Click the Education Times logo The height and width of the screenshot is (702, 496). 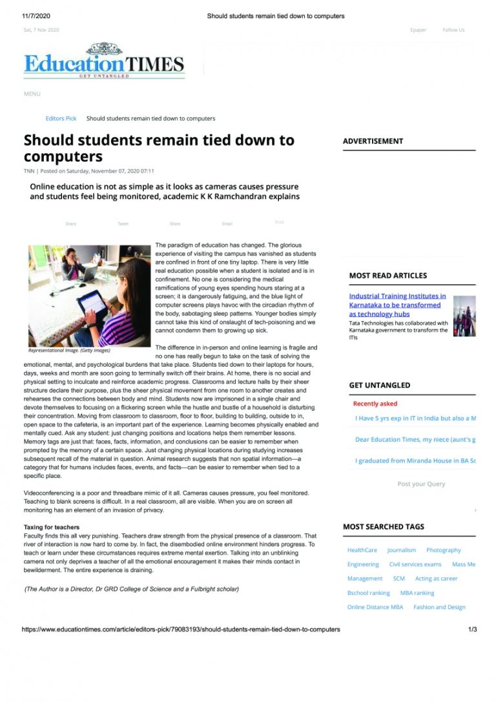[x=104, y=63]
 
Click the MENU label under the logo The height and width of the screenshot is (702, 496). [x=32, y=94]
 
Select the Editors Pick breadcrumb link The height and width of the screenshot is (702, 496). [x=61, y=119]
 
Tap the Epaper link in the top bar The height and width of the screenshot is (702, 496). [x=418, y=30]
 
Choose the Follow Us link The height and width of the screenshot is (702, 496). [x=453, y=30]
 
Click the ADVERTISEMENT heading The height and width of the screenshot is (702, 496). [x=373, y=141]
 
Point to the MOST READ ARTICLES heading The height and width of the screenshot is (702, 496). [x=387, y=276]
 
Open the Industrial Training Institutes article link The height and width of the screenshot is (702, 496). [x=397, y=305]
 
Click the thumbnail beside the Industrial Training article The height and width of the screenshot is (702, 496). [x=464, y=316]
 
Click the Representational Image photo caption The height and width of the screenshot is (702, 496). [x=69, y=351]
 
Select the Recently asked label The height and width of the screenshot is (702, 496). [x=375, y=404]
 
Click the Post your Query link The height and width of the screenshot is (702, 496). [x=421, y=484]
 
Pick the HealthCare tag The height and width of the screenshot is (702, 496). [x=362, y=550]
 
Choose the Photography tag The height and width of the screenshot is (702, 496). [x=443, y=550]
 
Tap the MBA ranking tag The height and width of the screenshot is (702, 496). [x=417, y=593]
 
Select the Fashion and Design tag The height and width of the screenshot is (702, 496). [x=439, y=607]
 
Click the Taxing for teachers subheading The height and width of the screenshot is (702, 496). [x=52, y=528]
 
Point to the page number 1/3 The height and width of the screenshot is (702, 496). [x=472, y=629]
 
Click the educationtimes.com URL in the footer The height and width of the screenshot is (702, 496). [x=181, y=629]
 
